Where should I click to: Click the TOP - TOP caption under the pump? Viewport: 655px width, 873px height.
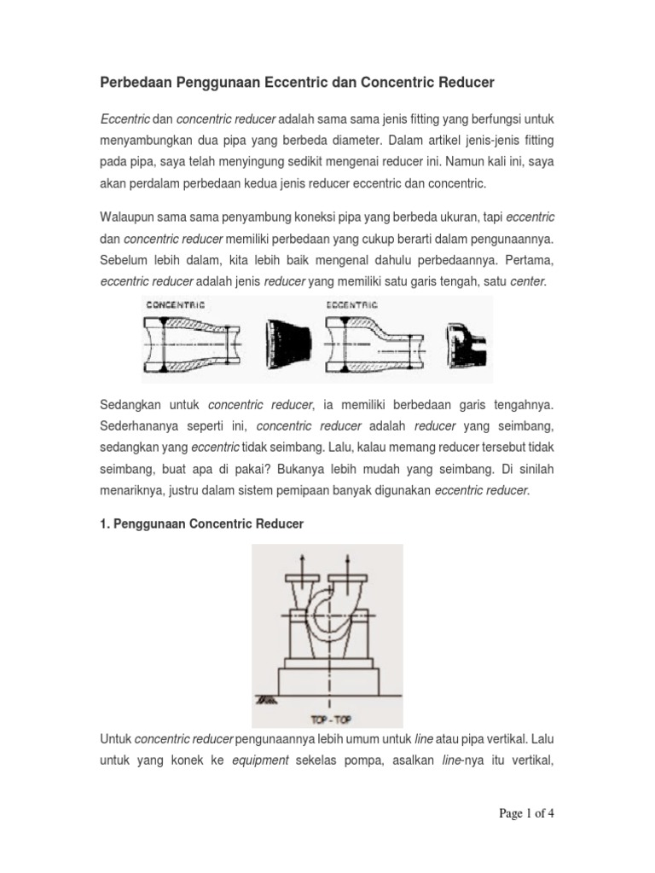coord(327,718)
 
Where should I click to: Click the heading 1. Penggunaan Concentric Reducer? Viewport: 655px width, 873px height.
coord(202,524)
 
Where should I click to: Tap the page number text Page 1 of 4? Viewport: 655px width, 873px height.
coord(527,813)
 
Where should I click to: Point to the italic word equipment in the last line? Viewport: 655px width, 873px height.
coord(260,759)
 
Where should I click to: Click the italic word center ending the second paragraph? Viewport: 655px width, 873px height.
coord(527,280)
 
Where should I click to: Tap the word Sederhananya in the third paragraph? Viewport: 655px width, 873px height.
coord(139,425)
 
